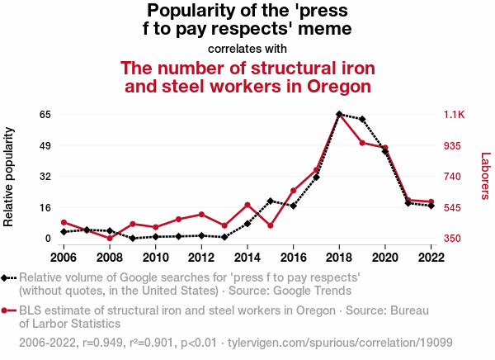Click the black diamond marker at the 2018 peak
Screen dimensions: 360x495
339,114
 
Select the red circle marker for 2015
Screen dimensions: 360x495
270,225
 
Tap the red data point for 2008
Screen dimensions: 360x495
110,238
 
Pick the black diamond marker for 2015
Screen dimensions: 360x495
270,201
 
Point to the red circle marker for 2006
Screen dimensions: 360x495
64,222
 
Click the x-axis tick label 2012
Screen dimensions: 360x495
201,257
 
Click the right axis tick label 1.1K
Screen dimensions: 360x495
455,114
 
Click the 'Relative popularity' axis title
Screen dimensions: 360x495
10,176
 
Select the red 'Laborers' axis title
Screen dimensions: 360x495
485,176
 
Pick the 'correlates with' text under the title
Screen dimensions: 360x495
247,49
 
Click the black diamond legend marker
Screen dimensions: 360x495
7,278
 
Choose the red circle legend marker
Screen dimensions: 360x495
7,310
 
